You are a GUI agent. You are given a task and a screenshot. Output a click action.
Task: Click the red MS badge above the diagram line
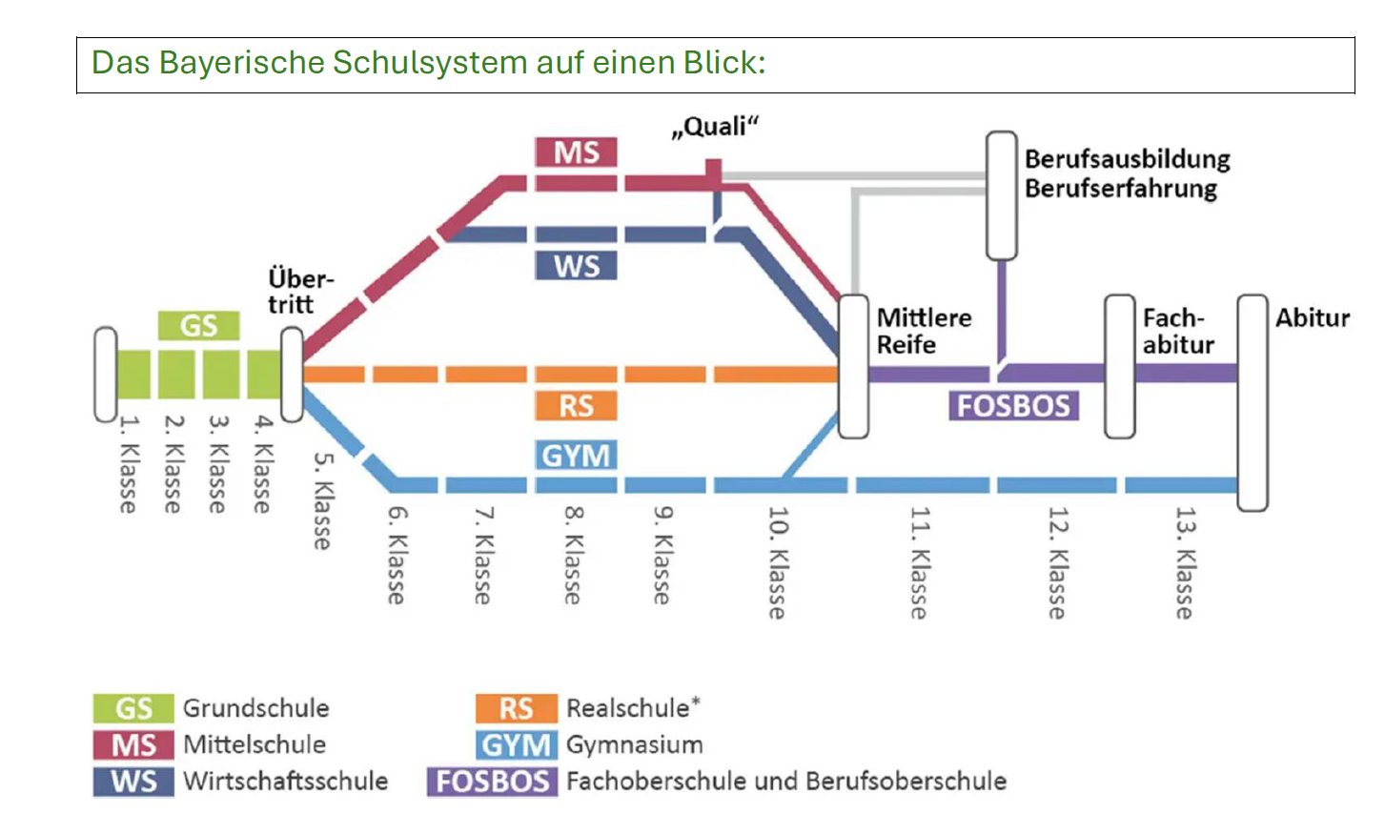coord(576,153)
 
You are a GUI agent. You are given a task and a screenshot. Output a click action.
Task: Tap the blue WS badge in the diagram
coord(576,265)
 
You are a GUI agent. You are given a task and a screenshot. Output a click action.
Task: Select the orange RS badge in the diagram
coord(576,406)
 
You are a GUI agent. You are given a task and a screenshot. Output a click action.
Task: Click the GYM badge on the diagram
coord(576,456)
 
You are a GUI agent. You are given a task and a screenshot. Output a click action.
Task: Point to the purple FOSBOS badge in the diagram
coord(1013,406)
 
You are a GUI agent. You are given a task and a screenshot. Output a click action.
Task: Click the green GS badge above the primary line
coord(198,326)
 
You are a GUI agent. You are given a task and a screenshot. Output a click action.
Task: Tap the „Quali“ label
coord(715,127)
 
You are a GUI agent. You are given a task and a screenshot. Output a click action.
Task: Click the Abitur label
coord(1313,317)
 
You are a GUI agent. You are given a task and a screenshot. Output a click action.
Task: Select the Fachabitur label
coord(1178,331)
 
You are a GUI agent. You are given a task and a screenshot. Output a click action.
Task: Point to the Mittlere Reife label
coord(924,331)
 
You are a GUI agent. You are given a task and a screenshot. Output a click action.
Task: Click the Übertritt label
coord(299,292)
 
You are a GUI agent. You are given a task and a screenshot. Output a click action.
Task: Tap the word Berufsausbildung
coord(1127,159)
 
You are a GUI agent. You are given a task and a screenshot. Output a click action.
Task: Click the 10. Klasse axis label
coord(778,562)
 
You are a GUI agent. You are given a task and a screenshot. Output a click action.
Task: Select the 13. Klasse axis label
coord(1184,562)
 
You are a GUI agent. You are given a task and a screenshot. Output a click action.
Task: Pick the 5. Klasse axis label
coord(323,500)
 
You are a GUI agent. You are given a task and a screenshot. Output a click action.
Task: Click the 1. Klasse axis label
coord(128,464)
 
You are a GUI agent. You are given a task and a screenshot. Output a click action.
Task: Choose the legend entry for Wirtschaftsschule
coord(285,782)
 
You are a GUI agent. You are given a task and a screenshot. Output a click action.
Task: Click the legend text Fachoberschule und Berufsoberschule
coord(785,782)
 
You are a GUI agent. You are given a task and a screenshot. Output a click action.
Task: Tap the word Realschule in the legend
coord(627,708)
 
